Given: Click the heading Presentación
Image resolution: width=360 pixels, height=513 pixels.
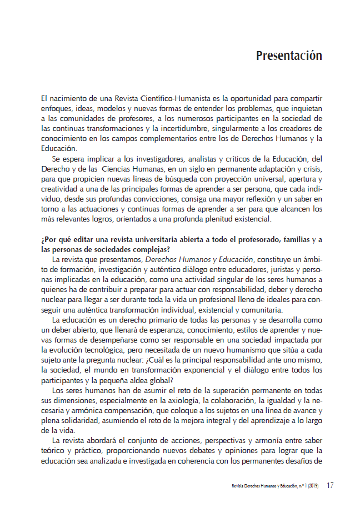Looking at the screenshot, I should [x=289, y=56].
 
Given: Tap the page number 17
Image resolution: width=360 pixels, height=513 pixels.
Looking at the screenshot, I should [x=330, y=485].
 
